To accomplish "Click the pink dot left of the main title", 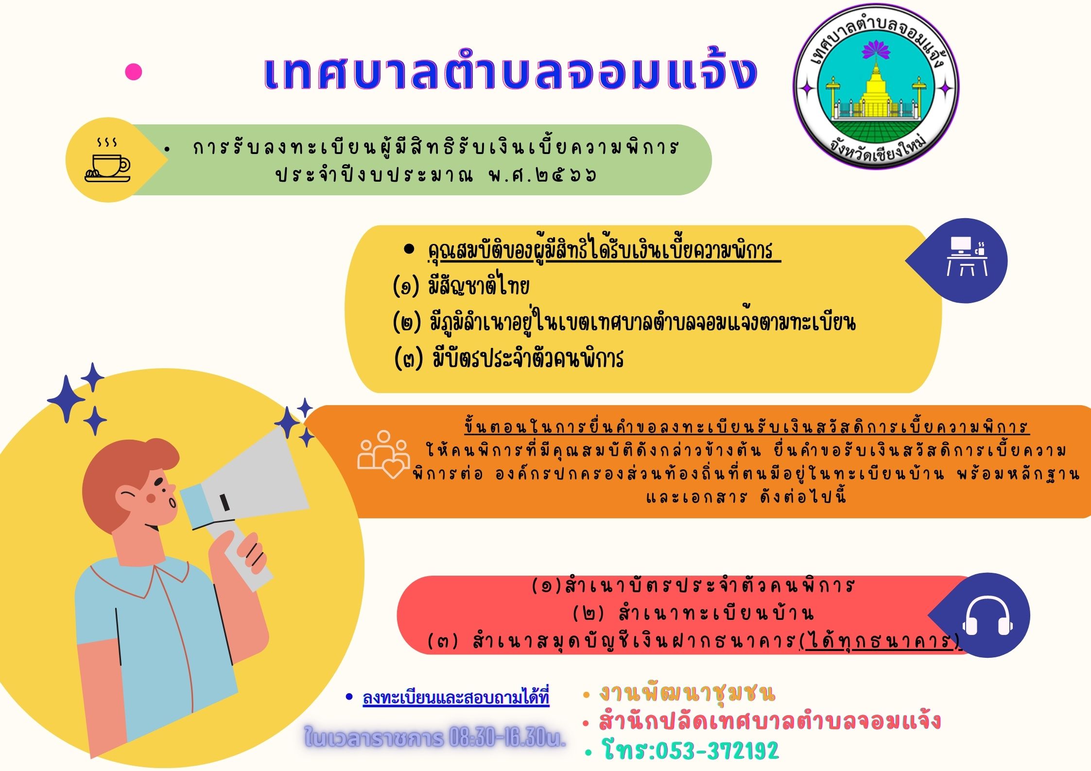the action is [133, 72].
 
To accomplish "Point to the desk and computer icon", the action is [967, 256].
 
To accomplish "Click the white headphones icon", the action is [987, 616].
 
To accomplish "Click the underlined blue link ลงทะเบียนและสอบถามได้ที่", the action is [456, 698].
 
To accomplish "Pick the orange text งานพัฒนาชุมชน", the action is [687, 693].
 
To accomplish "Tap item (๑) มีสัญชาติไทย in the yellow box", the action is [461, 286].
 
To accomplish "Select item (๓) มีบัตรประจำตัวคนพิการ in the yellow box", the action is [508, 359].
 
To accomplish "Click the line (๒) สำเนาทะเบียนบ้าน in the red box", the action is [693, 614].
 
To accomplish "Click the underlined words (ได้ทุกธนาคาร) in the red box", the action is [880, 641].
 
